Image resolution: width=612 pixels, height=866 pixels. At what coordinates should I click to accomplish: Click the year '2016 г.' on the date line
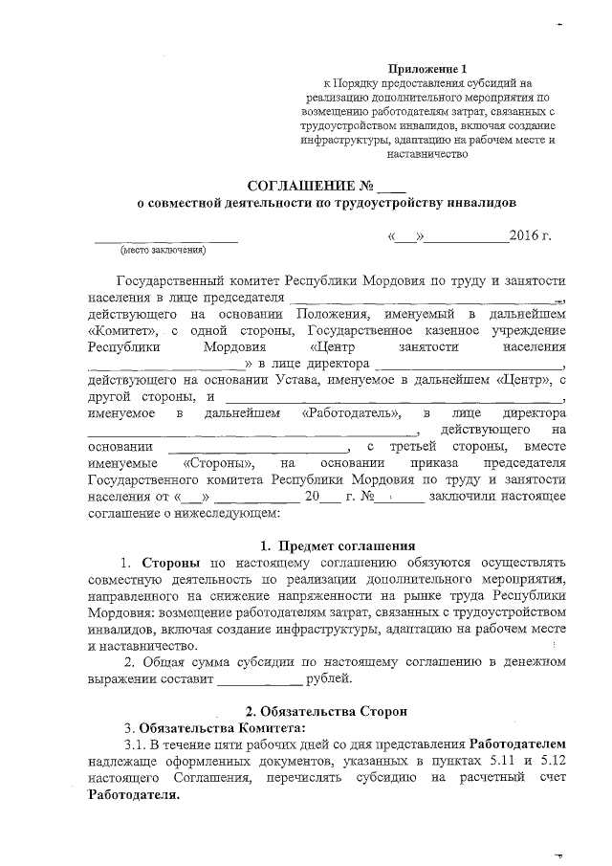click(x=533, y=235)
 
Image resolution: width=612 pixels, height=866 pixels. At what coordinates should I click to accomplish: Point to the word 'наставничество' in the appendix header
click(x=426, y=152)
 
